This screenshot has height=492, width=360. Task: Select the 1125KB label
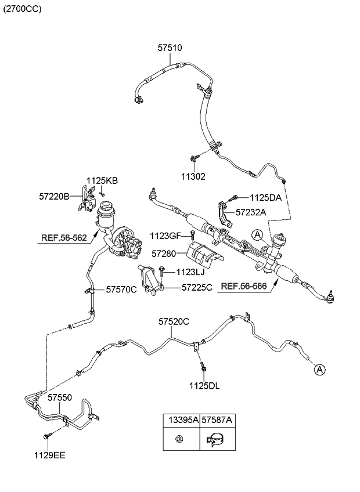(102, 181)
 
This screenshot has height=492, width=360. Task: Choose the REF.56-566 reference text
(243, 286)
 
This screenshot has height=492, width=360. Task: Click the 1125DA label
(266, 198)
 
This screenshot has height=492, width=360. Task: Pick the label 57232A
(251, 212)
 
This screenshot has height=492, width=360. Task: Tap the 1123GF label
(165, 236)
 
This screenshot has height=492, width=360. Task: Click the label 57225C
(197, 287)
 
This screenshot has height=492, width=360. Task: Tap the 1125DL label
(204, 385)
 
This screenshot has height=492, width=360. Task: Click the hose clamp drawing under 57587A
(215, 442)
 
